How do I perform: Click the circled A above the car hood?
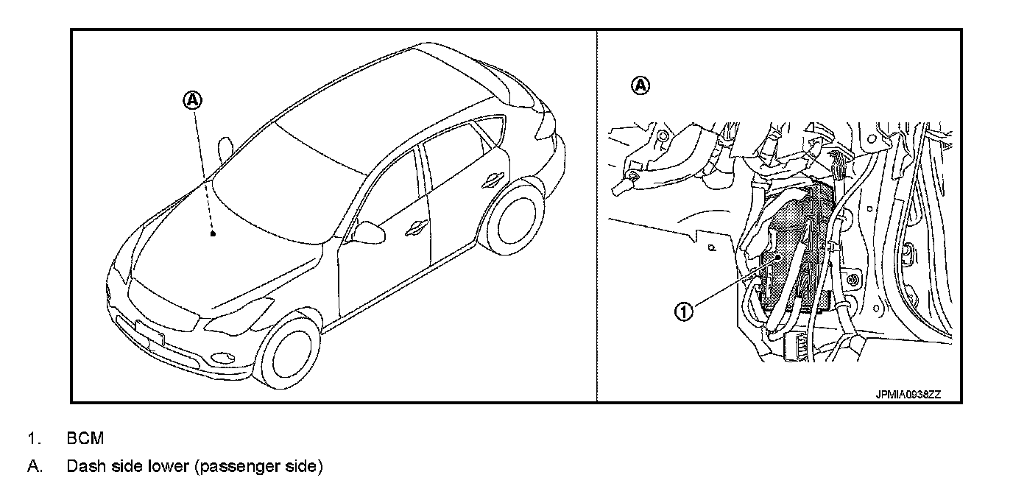pyautogui.click(x=192, y=99)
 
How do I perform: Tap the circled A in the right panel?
pyautogui.click(x=641, y=86)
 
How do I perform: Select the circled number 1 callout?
pyautogui.click(x=685, y=311)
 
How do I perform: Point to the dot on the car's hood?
pyautogui.click(x=212, y=234)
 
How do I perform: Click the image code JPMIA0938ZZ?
pyautogui.click(x=908, y=395)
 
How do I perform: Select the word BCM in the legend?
pyautogui.click(x=85, y=439)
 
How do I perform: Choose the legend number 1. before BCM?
pyautogui.click(x=33, y=439)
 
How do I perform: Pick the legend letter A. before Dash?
pyautogui.click(x=34, y=467)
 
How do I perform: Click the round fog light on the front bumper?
pyautogui.click(x=219, y=359)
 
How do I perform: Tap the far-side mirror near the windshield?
pyautogui.click(x=226, y=146)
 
